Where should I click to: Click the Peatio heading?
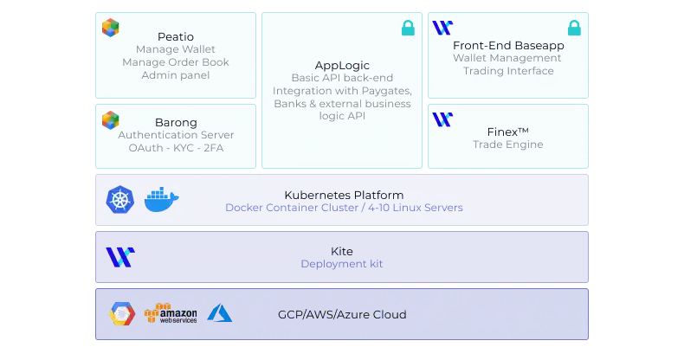176,36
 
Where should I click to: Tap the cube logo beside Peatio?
111,28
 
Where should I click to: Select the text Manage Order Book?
176,62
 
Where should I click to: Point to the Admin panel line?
176,75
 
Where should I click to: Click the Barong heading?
176,123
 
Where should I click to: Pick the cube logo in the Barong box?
111,120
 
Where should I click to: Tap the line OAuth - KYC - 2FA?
176,148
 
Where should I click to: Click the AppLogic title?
342,65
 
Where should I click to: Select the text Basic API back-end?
342,78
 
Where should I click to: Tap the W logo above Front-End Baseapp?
442,28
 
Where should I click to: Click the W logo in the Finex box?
442,119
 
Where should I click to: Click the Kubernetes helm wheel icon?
120,200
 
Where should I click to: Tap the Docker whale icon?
161,200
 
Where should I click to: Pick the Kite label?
342,252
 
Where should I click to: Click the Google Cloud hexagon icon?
121,314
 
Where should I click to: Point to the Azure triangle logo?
219,313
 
